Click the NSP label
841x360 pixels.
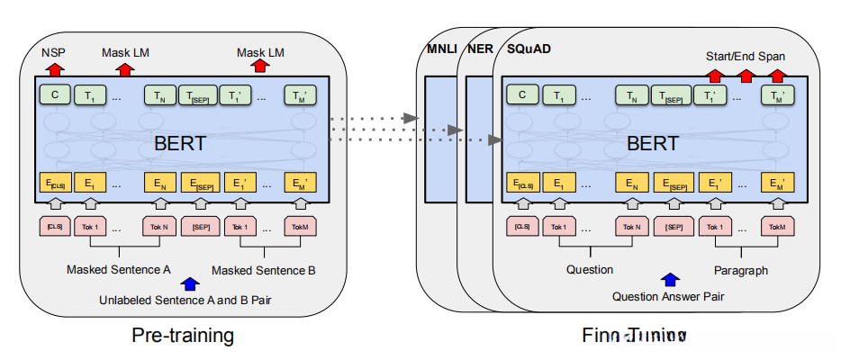[54, 52]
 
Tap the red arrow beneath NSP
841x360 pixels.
[54, 68]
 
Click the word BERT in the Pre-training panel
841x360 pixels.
[180, 143]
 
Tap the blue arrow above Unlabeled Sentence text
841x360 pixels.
[189, 283]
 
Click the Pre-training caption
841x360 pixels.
[183, 336]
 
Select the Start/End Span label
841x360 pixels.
[746, 56]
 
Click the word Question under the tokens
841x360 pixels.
[590, 269]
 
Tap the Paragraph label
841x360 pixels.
[740, 269]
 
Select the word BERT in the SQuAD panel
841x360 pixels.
[653, 143]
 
